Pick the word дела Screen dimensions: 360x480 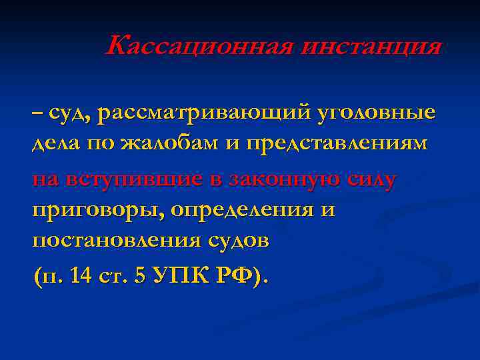(53, 145)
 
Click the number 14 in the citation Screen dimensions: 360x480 (85, 275)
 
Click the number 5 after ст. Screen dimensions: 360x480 (139, 275)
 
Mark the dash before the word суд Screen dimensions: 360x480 (37, 113)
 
